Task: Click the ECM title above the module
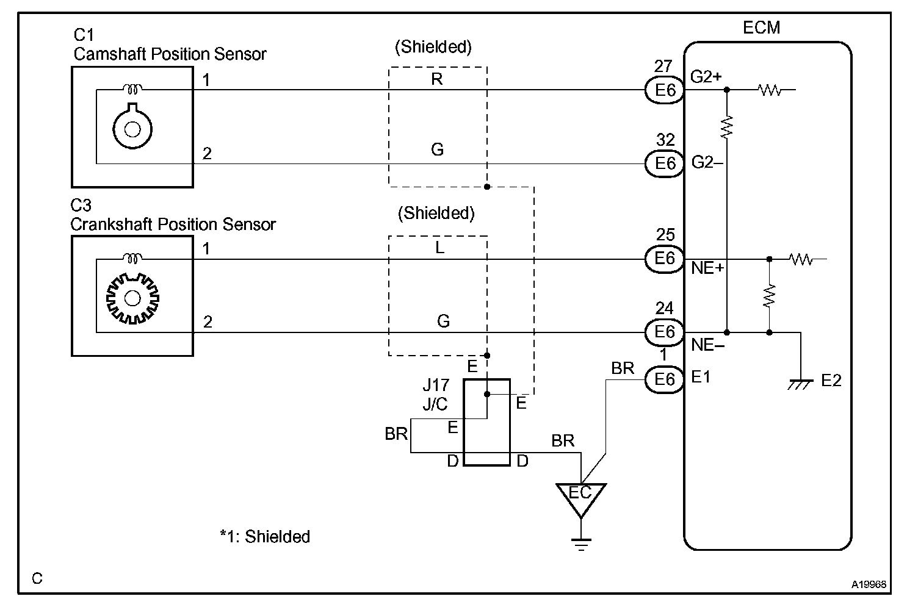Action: point(761,27)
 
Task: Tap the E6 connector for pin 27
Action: point(665,90)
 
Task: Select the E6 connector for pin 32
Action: point(665,163)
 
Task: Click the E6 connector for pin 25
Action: point(665,259)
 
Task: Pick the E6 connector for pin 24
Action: point(665,332)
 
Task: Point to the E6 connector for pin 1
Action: point(665,380)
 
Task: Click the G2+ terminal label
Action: point(706,77)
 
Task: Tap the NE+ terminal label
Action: point(707,268)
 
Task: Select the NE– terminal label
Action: point(707,345)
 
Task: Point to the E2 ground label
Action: point(831,381)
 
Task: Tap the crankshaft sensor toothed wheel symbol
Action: point(132,298)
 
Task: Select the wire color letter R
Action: point(437,79)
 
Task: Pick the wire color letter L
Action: point(439,248)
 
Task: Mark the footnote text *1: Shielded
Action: point(265,537)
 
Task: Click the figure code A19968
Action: point(869,584)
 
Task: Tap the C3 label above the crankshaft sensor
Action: point(81,205)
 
